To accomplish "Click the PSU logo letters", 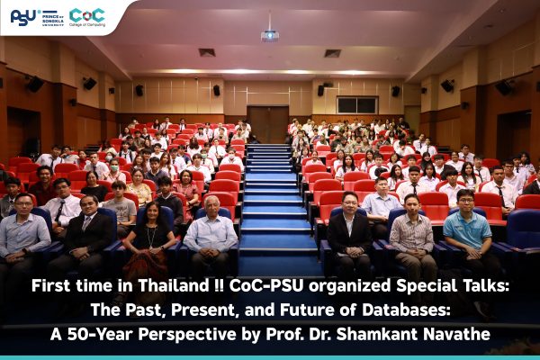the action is [23, 17].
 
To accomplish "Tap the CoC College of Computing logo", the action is [87, 17].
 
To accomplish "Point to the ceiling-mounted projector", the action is [270, 35].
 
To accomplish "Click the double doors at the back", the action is [269, 124].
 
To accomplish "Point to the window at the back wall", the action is [357, 105].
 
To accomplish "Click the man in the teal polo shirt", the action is [469, 230].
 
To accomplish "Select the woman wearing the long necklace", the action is [149, 238].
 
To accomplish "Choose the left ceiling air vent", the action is [207, 52].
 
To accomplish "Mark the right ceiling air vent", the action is [333, 53].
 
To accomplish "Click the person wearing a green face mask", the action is [114, 170].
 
